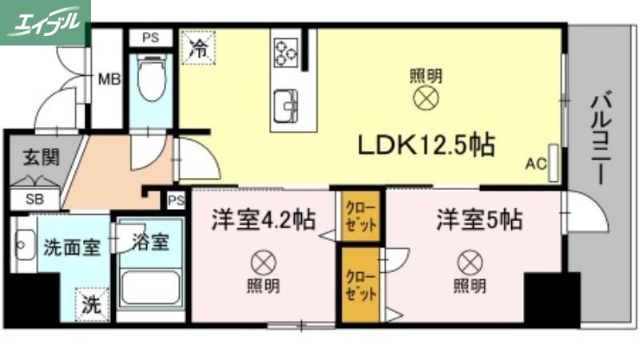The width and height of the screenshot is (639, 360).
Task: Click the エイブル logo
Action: pos(45,22)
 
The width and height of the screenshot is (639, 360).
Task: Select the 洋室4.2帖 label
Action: pos(262,220)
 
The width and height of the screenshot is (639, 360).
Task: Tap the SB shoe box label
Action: pos(35,199)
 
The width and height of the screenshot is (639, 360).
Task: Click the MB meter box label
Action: pos(109,79)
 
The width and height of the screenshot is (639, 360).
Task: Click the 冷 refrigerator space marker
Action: pos(198,46)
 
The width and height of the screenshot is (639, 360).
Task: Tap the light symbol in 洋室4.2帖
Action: pos(262,261)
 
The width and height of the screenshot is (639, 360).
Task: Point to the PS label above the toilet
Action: pos(150,37)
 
